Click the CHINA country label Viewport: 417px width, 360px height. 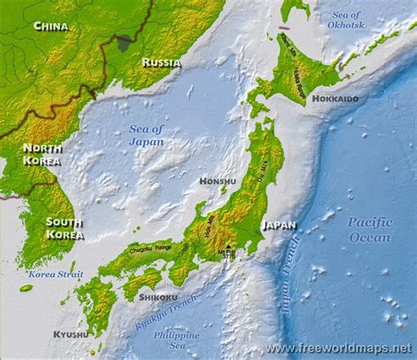point(50,26)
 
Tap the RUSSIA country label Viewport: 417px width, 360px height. point(161,62)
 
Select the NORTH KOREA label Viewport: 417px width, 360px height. point(41,154)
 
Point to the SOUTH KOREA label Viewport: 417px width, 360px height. point(64,228)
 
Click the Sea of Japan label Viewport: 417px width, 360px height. point(146,135)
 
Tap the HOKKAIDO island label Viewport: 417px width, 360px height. point(335,99)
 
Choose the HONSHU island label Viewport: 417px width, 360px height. point(217,181)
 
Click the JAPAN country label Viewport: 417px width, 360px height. point(279,224)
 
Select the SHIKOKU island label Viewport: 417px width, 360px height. point(158,298)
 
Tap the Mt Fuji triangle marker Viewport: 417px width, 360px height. point(229,246)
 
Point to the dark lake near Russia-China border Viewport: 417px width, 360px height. point(124,41)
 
